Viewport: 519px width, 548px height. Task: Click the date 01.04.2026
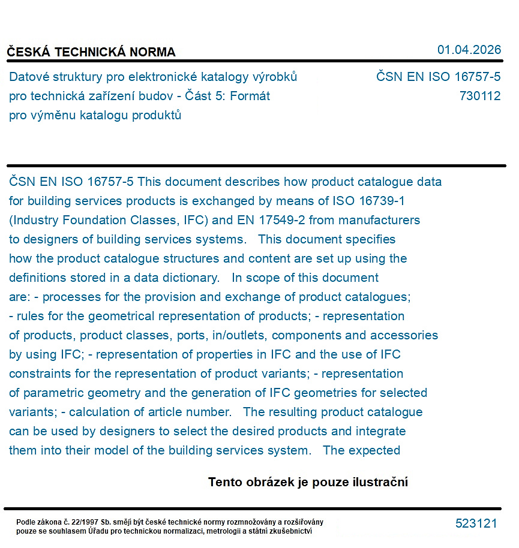click(x=469, y=50)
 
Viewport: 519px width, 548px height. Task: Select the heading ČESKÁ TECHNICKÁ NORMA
click(x=91, y=52)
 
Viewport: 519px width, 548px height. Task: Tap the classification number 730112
click(x=479, y=96)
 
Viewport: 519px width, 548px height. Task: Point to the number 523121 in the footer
click(x=476, y=523)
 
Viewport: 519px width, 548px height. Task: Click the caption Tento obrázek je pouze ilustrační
click(x=308, y=482)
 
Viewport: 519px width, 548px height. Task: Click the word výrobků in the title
click(x=275, y=77)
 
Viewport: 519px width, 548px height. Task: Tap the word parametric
click(x=52, y=393)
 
